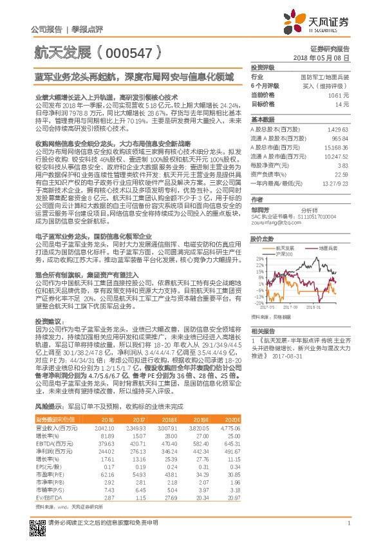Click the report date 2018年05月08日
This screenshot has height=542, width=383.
click(x=328, y=57)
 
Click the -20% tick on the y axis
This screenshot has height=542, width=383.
click(x=259, y=303)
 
